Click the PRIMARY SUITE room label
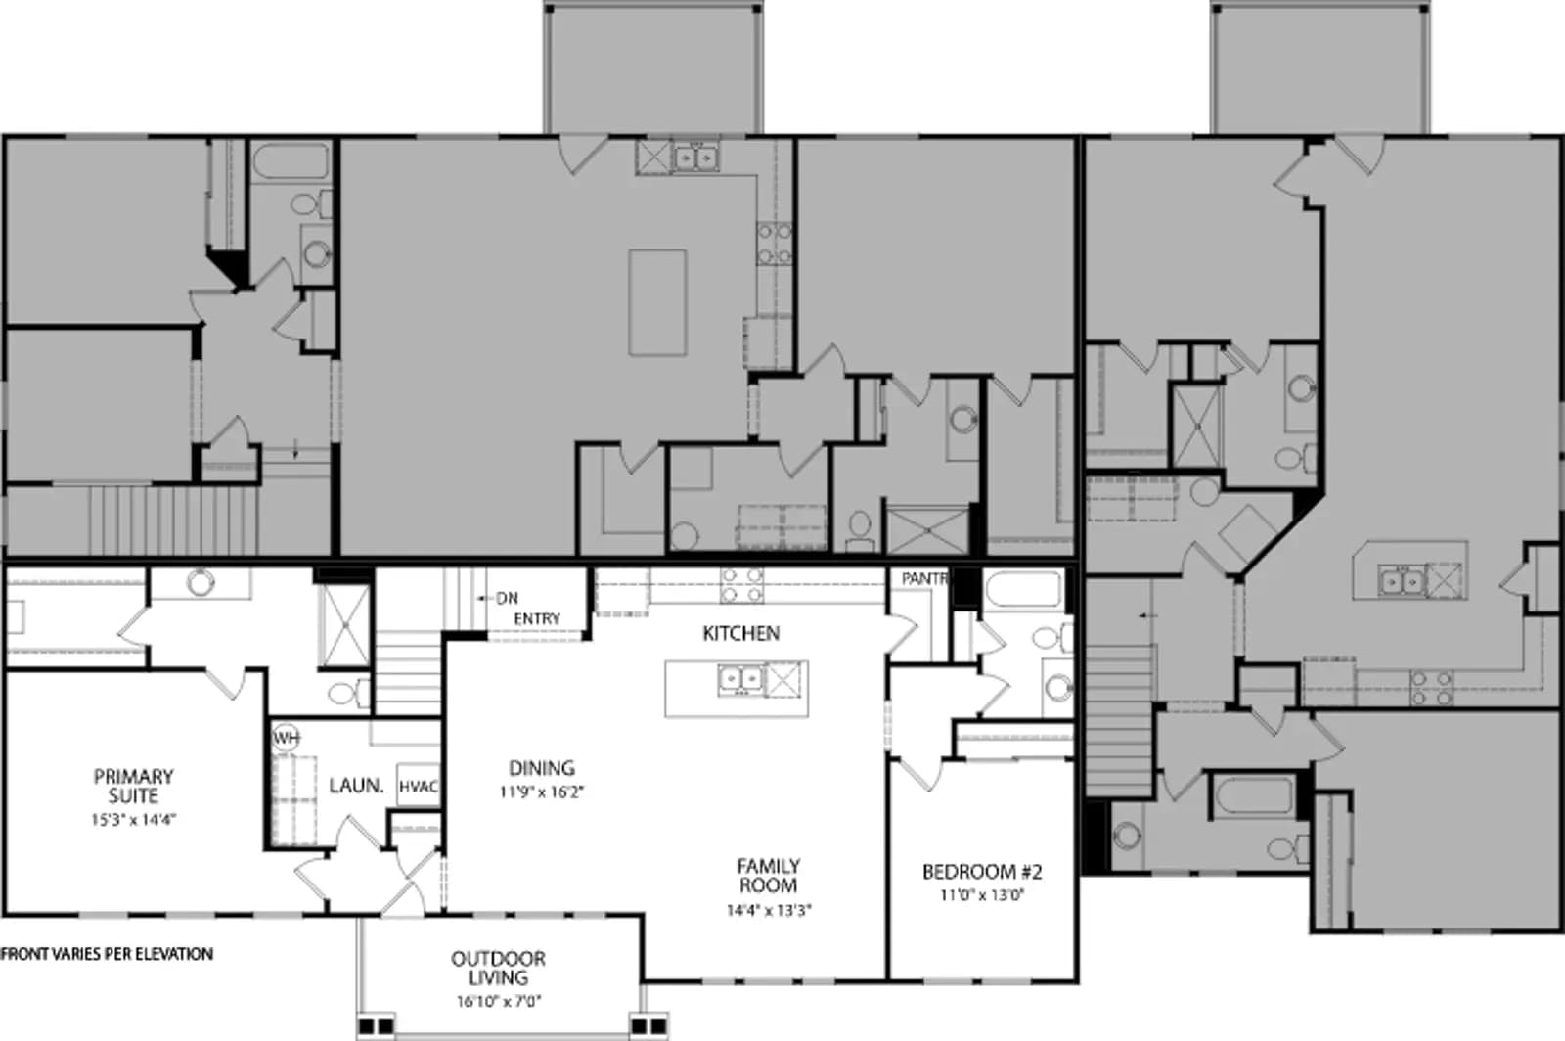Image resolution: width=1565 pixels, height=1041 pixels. tap(133, 786)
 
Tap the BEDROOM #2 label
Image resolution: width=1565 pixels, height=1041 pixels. tap(982, 871)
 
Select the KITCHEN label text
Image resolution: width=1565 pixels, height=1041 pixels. tap(740, 633)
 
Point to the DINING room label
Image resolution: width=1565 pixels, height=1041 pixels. tap(542, 768)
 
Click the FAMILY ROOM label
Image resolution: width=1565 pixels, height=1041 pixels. tap(768, 876)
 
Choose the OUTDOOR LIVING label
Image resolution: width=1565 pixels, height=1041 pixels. tap(498, 968)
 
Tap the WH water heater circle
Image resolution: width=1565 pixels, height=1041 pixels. tap(286, 738)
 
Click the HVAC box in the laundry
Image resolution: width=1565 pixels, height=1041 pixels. tap(418, 786)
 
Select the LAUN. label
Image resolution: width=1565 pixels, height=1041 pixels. tap(356, 786)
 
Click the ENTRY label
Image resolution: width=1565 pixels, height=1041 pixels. tap(537, 618)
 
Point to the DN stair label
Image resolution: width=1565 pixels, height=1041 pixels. tap(508, 598)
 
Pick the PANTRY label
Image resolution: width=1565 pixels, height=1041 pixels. tap(925, 578)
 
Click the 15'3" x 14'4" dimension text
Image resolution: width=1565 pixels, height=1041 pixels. tap(133, 820)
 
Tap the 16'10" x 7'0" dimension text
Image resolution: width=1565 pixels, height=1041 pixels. tap(499, 1001)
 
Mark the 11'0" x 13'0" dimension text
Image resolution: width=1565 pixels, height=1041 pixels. tap(982, 895)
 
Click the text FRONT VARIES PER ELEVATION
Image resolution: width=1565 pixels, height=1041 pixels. tap(107, 954)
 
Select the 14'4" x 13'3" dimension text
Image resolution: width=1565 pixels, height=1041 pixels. tap(769, 910)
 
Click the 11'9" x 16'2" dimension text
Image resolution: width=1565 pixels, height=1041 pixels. tap(542, 792)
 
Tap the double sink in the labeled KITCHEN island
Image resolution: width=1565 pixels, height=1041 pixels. tap(740, 678)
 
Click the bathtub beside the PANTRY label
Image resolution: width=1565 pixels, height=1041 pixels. tap(1023, 589)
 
